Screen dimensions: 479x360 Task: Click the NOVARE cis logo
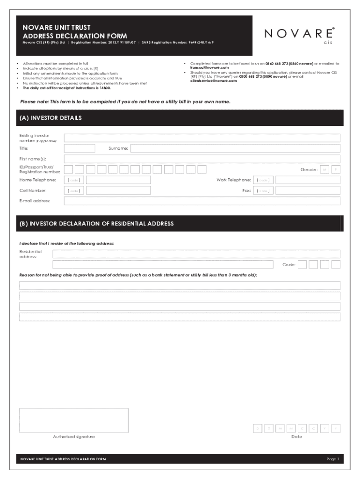[299, 35]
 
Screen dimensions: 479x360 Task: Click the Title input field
[79, 148]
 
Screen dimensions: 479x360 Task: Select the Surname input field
[235, 148]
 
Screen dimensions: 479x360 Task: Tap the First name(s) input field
[202, 159]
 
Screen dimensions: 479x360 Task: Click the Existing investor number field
[202, 138]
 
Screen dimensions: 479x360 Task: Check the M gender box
[325, 169]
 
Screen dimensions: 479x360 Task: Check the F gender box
[336, 169]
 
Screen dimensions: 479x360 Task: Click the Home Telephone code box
[74, 180]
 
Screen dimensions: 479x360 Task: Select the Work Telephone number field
[308, 180]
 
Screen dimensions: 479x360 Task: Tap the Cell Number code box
[74, 191]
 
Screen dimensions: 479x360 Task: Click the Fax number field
[308, 191]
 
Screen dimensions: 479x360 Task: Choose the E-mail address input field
[202, 201]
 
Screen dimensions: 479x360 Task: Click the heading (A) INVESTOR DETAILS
[50, 118]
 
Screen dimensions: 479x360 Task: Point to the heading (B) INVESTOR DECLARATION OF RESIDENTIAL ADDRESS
[96, 224]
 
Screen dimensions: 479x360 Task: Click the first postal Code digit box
[302, 265]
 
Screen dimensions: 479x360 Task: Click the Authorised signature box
[74, 420]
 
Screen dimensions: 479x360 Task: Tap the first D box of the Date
[258, 428]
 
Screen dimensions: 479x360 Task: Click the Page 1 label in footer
[332, 459]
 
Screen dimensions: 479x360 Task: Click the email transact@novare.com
[209, 68]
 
